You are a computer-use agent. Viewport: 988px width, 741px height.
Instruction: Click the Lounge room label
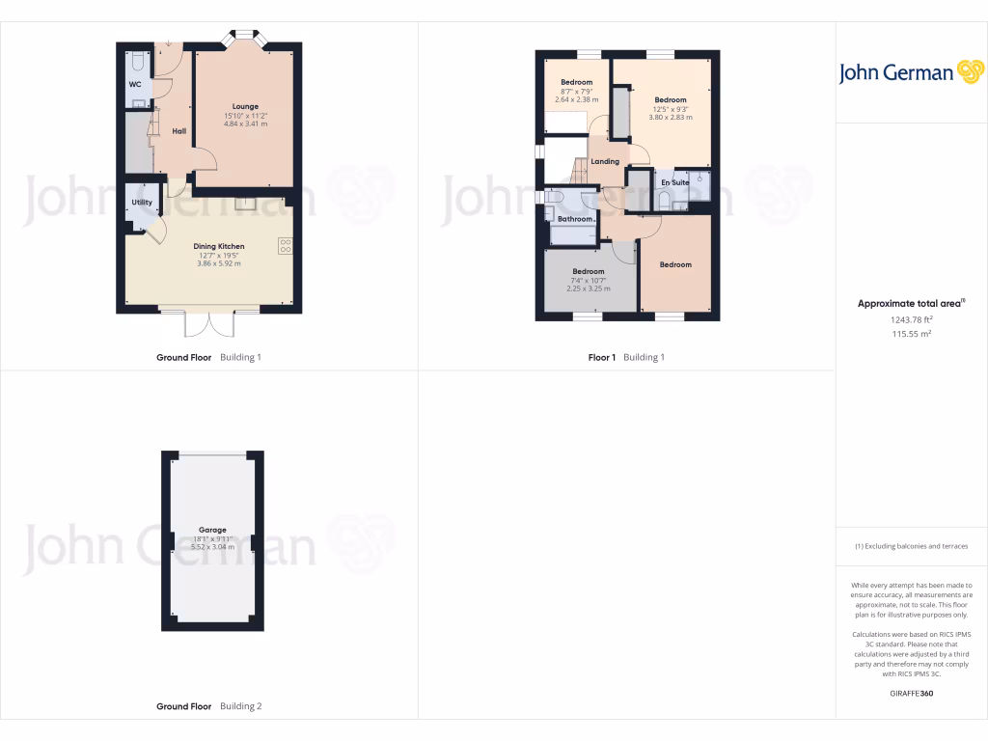pos(245,106)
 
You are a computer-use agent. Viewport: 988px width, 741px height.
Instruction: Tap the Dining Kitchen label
pos(218,246)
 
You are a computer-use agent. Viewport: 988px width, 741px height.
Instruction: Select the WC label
pos(135,84)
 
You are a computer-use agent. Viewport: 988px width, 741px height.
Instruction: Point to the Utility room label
pos(142,203)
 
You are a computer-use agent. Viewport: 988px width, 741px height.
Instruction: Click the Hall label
pos(178,131)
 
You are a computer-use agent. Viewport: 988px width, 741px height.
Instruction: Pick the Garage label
pos(212,530)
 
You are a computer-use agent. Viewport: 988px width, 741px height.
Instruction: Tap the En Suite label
pos(674,181)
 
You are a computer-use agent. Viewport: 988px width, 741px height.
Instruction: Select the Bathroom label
pos(575,219)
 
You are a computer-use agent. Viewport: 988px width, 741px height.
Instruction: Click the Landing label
pos(605,161)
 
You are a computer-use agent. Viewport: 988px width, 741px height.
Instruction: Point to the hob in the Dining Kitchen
pos(286,245)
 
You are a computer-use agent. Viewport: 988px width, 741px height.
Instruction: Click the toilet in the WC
pos(137,62)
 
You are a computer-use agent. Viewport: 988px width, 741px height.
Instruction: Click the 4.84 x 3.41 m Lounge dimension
pos(245,123)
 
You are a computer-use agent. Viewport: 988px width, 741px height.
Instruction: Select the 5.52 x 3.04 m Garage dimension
pos(212,546)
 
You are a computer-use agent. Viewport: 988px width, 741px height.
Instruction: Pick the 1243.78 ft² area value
pos(911,319)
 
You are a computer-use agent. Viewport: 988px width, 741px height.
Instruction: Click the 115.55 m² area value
pos(911,334)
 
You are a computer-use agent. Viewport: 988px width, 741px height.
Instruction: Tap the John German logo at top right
pos(910,72)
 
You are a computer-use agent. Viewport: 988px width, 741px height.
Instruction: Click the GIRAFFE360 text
pos(911,693)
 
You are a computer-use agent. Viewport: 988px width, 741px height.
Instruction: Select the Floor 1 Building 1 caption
pos(626,357)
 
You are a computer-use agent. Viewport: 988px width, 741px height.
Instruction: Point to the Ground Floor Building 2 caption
pos(208,706)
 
